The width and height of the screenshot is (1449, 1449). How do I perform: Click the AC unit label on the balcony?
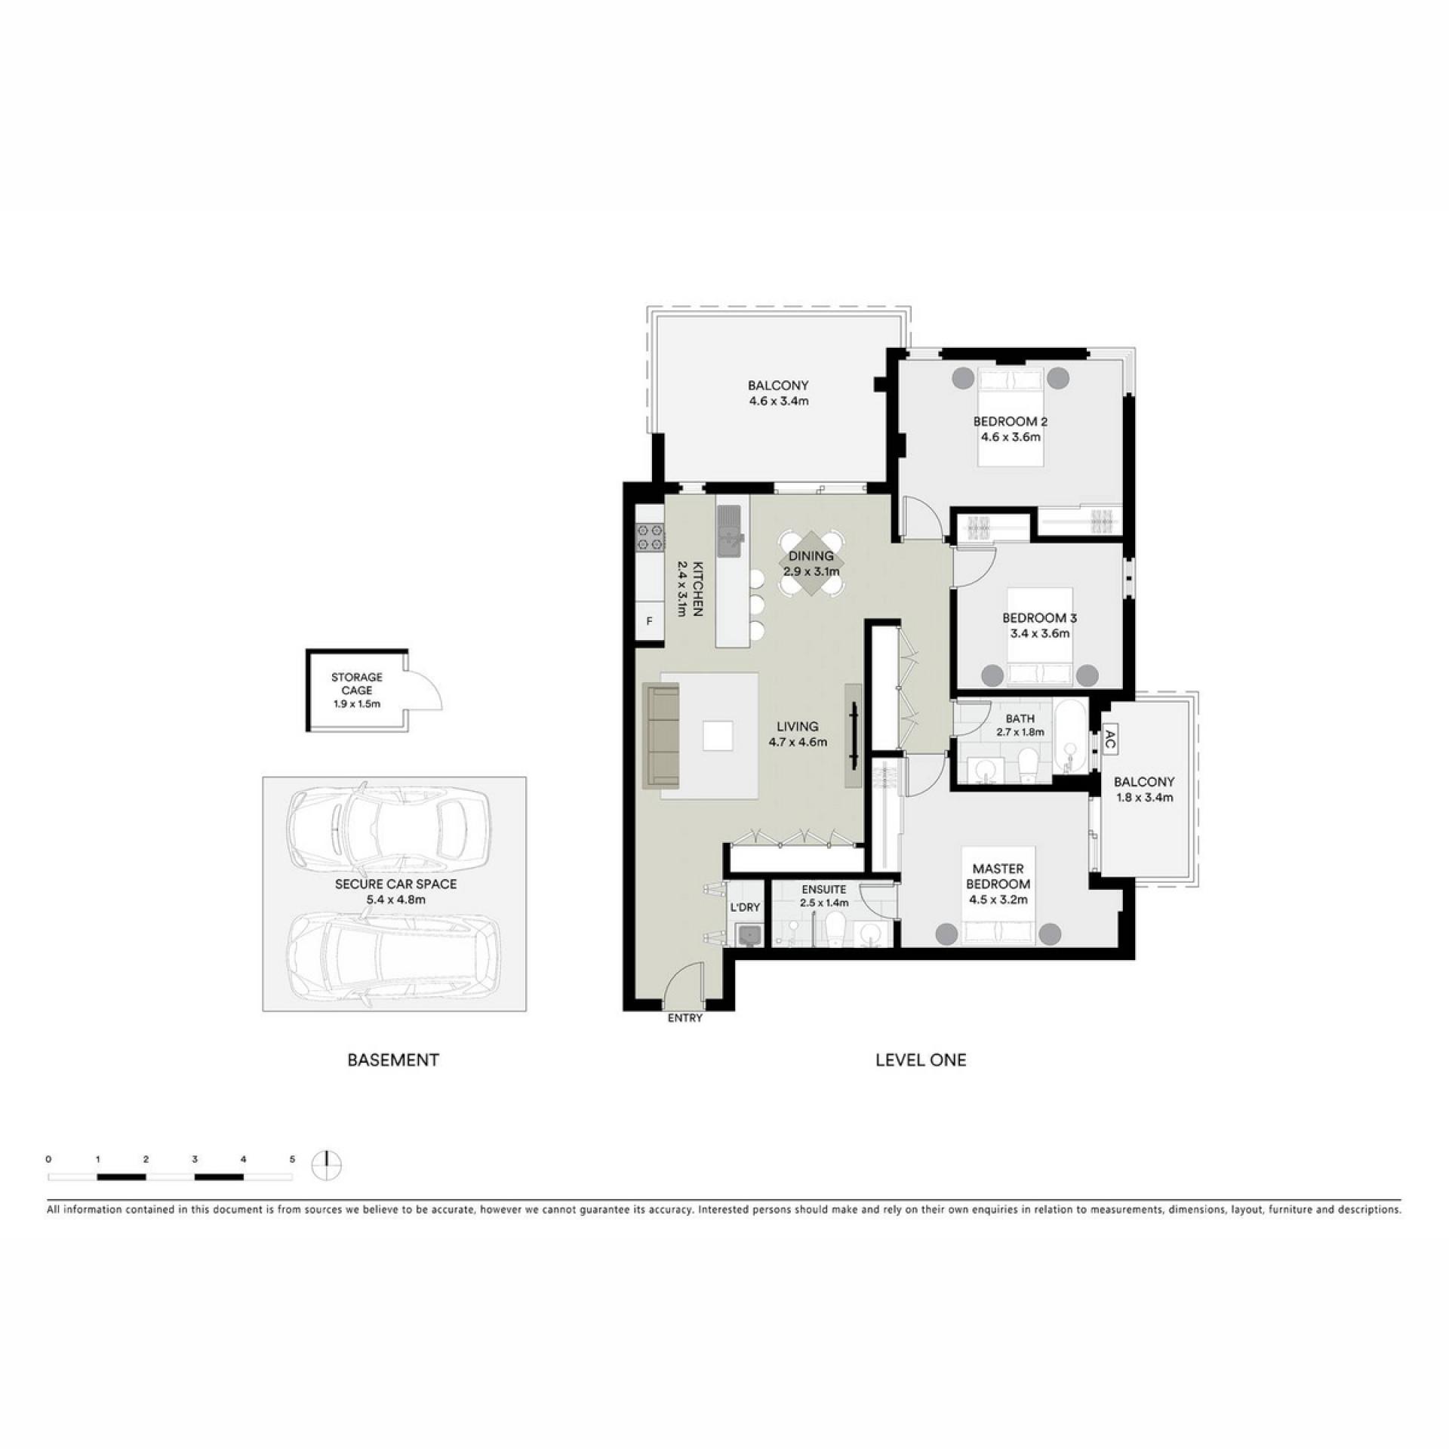pyautogui.click(x=1109, y=739)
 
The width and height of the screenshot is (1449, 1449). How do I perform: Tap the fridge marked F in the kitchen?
pyautogui.click(x=649, y=622)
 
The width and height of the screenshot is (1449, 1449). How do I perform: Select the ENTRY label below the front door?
pyautogui.click(x=685, y=1018)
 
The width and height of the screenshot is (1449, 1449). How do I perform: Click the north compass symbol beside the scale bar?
pyautogui.click(x=327, y=1164)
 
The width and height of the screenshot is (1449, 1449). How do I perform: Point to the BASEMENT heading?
pyautogui.click(x=392, y=1060)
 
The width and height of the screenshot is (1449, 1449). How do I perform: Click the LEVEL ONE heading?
pyautogui.click(x=921, y=1060)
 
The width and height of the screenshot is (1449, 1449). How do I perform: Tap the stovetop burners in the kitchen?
pyautogui.click(x=650, y=537)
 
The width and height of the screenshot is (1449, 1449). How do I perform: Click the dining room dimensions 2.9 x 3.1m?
pyautogui.click(x=811, y=571)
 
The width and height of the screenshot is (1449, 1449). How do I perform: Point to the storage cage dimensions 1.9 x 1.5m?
pyautogui.click(x=357, y=703)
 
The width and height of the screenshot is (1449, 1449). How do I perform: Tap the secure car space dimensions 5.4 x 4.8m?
pyautogui.click(x=395, y=900)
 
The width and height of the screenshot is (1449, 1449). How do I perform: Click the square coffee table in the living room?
pyautogui.click(x=717, y=735)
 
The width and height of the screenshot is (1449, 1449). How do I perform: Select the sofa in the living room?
pyautogui.click(x=660, y=736)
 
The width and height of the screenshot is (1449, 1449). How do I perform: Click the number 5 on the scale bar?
pyautogui.click(x=292, y=1159)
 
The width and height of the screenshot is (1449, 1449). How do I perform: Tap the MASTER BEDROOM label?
pyautogui.click(x=998, y=876)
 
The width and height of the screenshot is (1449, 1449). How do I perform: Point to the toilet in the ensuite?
pyautogui.click(x=835, y=928)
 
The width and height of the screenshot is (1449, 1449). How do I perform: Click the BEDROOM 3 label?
pyautogui.click(x=1039, y=618)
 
